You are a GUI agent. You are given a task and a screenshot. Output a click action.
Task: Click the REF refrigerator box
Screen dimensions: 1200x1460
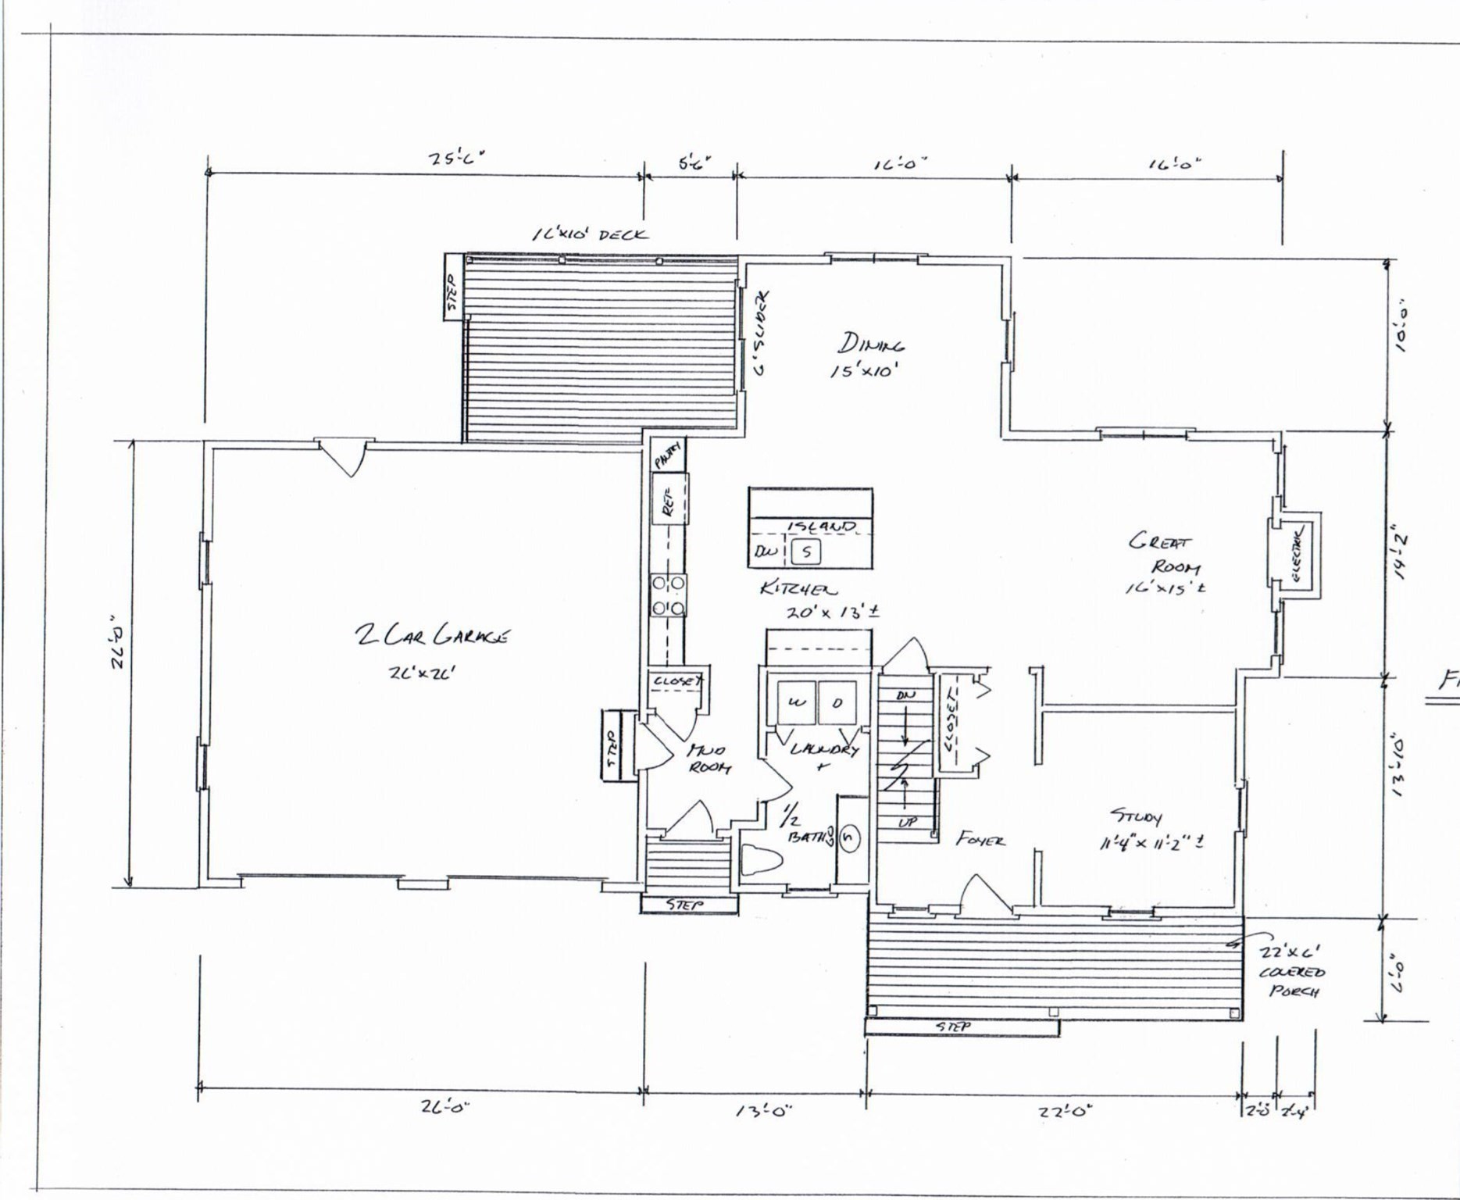pos(669,498)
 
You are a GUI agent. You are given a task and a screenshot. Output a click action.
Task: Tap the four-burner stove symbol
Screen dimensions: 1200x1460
pos(669,595)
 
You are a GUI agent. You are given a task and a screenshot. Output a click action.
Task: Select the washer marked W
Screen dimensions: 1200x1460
pos(795,702)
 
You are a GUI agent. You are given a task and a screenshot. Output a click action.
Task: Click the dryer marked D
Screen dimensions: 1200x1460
pos(837,702)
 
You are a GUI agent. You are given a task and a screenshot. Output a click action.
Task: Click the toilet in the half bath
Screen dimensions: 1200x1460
pos(760,859)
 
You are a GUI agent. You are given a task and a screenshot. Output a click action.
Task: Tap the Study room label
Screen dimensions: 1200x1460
pos(1137,817)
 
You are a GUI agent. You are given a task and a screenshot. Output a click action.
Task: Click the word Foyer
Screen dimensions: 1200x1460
pos(980,840)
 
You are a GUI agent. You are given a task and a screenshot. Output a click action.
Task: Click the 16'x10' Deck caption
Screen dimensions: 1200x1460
pos(590,234)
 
